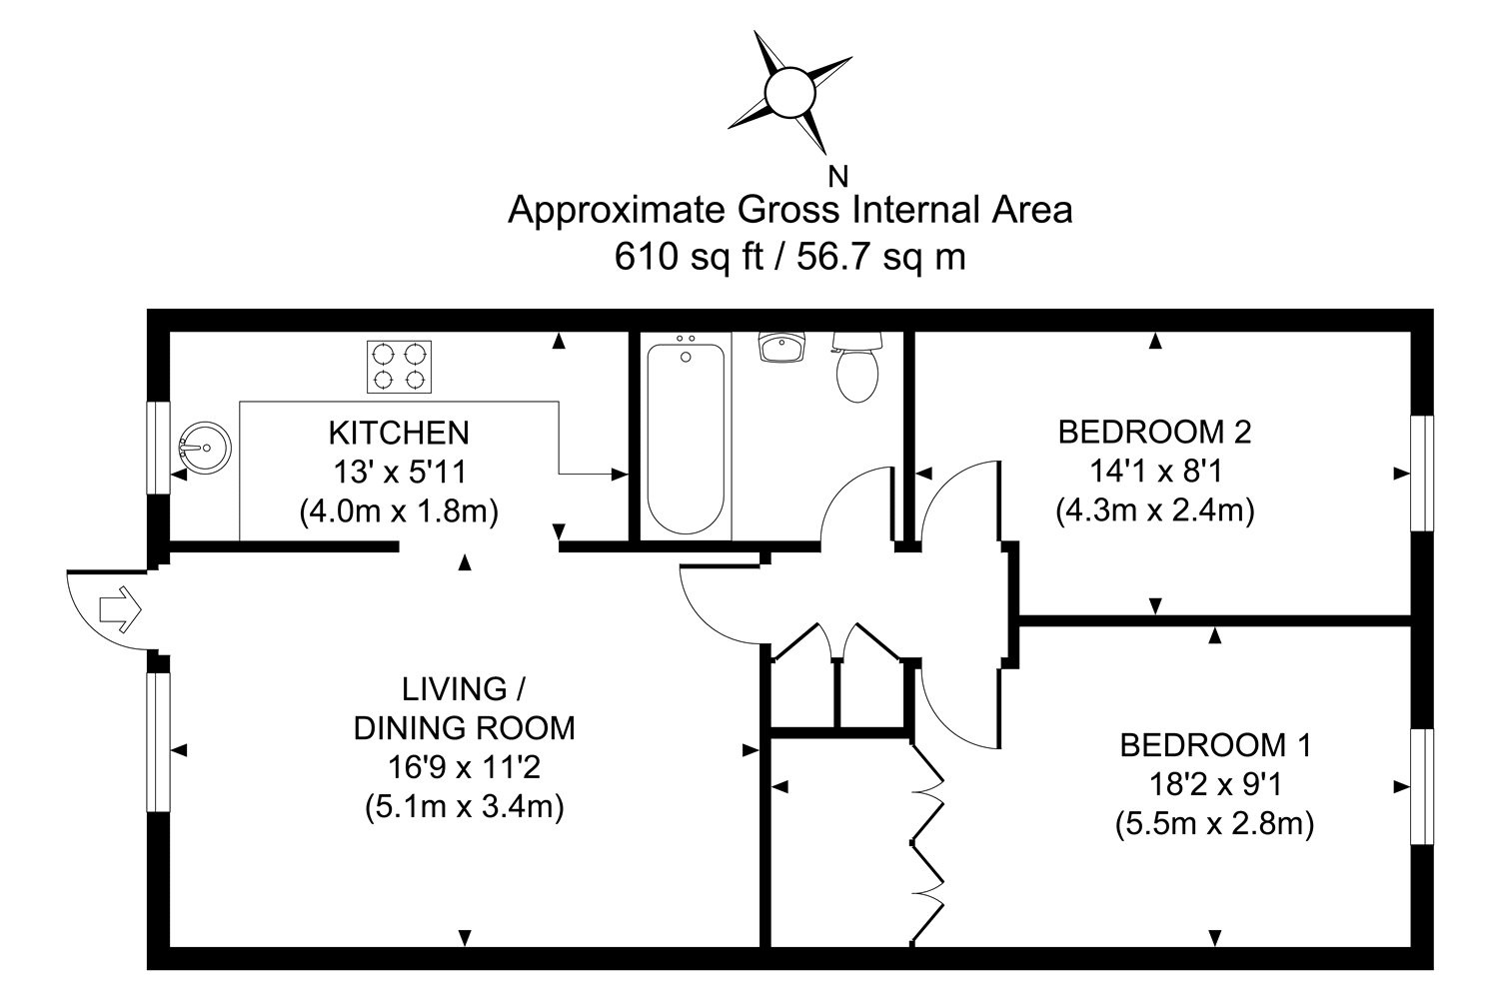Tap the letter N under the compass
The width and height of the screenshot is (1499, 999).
[x=839, y=178]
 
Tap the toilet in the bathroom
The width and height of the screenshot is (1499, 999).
[x=856, y=369]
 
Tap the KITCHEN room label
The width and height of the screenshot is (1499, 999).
[x=399, y=433]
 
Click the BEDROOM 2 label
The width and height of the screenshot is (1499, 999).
[x=1154, y=432]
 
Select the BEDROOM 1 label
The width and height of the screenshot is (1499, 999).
[x=1215, y=744]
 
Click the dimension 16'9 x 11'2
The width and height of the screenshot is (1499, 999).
[x=465, y=766]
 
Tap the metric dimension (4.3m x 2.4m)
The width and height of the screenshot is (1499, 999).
[x=1154, y=510]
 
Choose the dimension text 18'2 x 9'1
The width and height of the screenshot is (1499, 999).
[x=1215, y=784]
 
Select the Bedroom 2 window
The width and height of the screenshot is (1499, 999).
[x=1421, y=473]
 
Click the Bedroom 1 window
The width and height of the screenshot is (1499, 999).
[x=1421, y=787]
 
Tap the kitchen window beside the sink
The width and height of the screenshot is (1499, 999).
[x=158, y=447]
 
